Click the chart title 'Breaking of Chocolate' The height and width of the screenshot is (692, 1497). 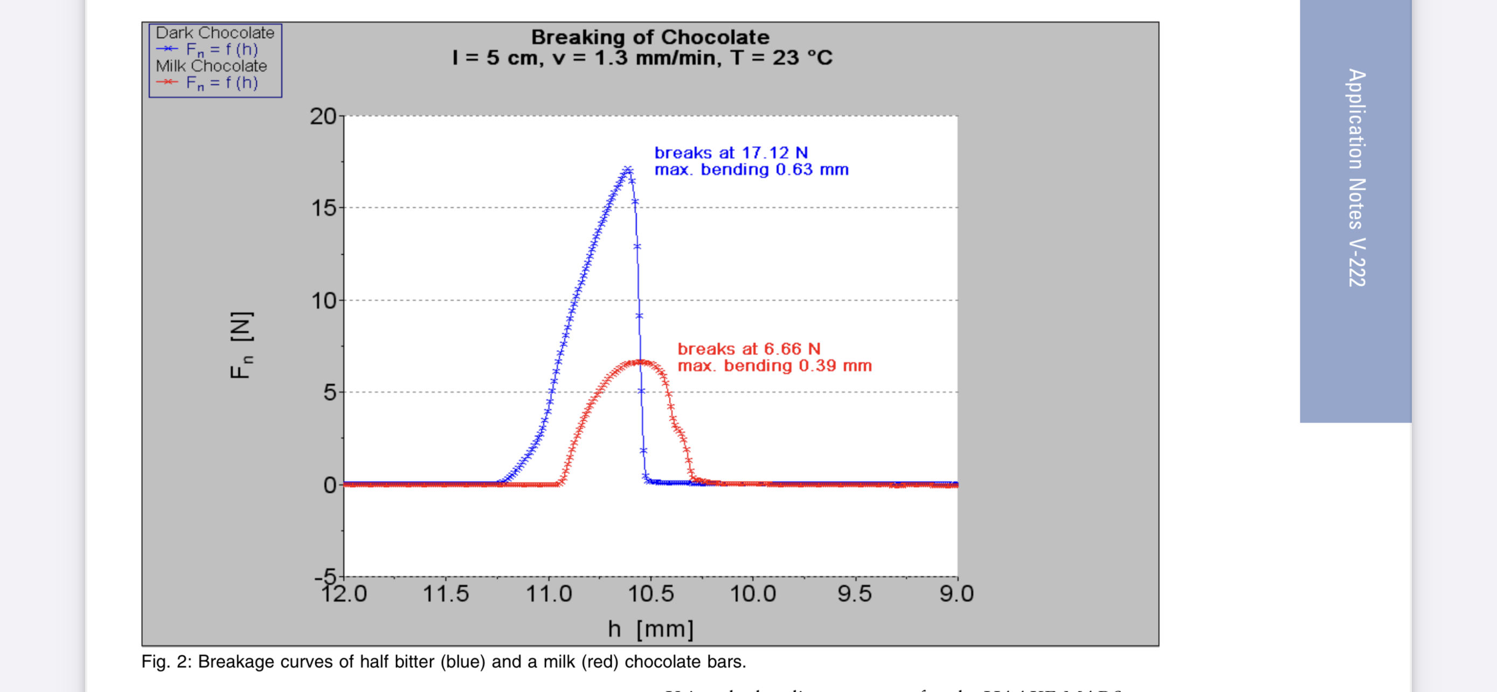pos(650,37)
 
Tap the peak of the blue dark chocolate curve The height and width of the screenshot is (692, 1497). pos(627,170)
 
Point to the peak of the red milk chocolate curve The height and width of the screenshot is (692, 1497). pos(640,362)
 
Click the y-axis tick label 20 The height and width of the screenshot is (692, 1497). pos(323,116)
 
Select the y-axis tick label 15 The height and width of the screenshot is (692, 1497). pos(324,208)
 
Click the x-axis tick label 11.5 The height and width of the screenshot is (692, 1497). pos(445,594)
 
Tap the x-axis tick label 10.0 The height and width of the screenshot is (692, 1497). pos(753,594)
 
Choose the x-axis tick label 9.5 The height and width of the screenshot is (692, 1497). pos(854,594)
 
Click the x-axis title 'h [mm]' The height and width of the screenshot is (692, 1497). pos(650,628)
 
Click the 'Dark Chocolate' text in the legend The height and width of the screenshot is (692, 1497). pos(214,32)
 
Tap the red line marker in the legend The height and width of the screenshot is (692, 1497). pos(167,82)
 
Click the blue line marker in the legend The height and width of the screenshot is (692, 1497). pos(167,49)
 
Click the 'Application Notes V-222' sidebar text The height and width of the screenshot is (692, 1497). pos(1356,177)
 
